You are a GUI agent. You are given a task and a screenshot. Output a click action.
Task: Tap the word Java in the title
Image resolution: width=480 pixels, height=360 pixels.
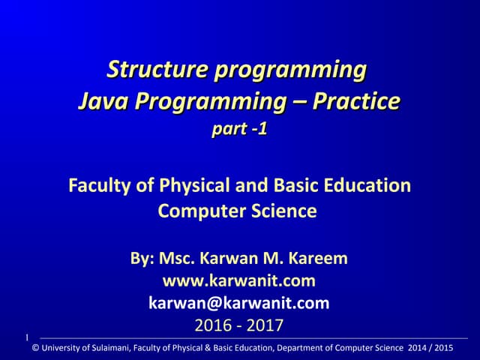100,100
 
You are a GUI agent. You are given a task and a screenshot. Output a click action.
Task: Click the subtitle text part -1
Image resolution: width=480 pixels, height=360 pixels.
239,129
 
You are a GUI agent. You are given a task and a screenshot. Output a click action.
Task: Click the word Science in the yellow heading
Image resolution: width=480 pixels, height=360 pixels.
282,211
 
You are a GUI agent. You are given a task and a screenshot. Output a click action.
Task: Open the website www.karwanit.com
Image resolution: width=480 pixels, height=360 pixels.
239,281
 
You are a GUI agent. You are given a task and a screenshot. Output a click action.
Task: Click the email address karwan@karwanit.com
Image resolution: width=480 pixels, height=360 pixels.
239,303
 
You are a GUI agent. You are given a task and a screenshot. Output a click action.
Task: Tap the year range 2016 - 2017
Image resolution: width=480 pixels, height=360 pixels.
239,325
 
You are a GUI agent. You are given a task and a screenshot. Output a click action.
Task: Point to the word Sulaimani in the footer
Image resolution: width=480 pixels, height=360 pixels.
110,347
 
